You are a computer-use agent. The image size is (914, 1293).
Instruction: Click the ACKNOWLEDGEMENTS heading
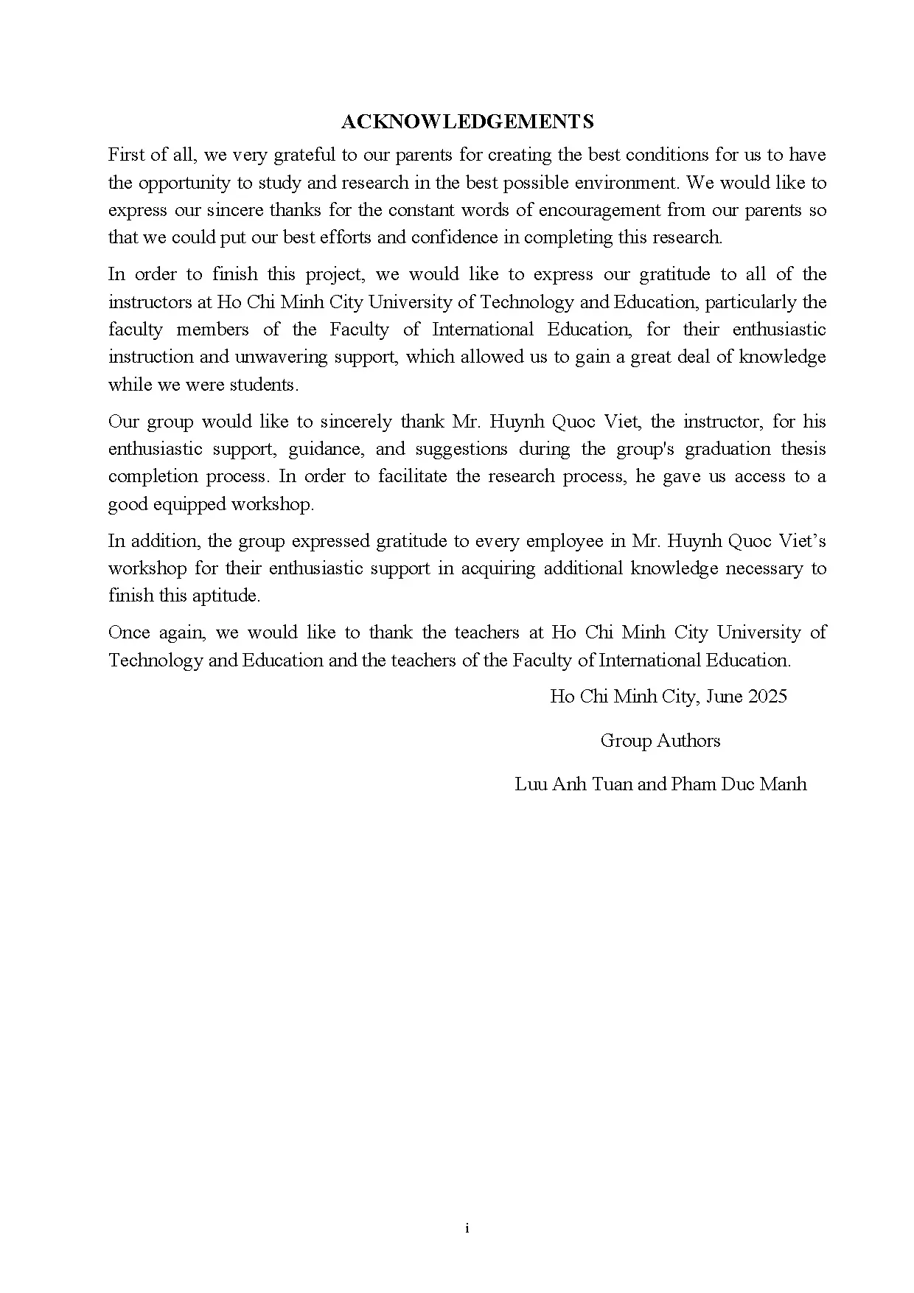pyautogui.click(x=467, y=122)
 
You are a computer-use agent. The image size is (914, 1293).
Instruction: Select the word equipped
pyautogui.click(x=191, y=504)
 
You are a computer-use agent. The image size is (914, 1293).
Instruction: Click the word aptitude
pyautogui.click(x=226, y=596)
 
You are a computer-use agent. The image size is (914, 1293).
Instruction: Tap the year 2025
pyautogui.click(x=767, y=697)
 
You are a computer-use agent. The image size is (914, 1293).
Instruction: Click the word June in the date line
pyautogui.click(x=724, y=697)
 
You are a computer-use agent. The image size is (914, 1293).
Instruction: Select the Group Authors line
pyautogui.click(x=660, y=741)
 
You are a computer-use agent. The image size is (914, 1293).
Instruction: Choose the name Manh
pyautogui.click(x=783, y=784)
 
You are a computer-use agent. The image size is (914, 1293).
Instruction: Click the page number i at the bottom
pyautogui.click(x=467, y=1228)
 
